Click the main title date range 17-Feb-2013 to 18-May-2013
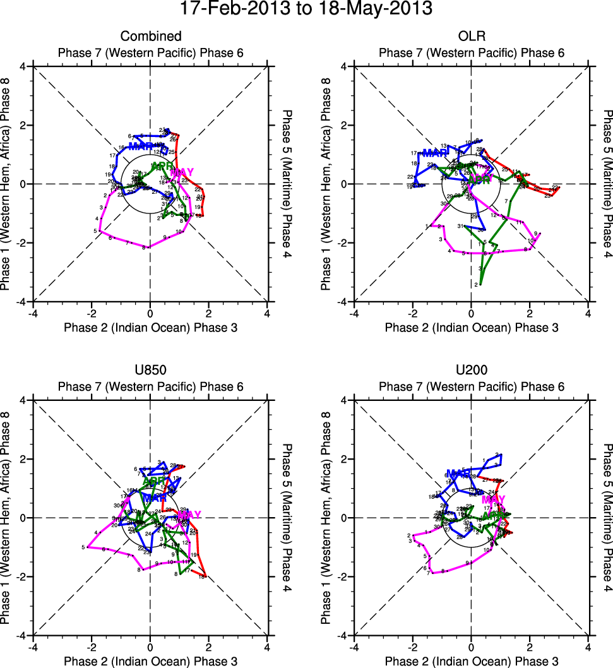[306, 9]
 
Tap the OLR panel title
[471, 36]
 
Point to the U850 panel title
[150, 370]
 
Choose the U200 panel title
[471, 370]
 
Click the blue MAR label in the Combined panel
[140, 146]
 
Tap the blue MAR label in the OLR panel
[435, 153]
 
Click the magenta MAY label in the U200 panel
[494, 500]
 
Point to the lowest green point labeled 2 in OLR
[480, 285]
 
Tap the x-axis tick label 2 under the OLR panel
[530, 313]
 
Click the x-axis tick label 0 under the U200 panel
[471, 646]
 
